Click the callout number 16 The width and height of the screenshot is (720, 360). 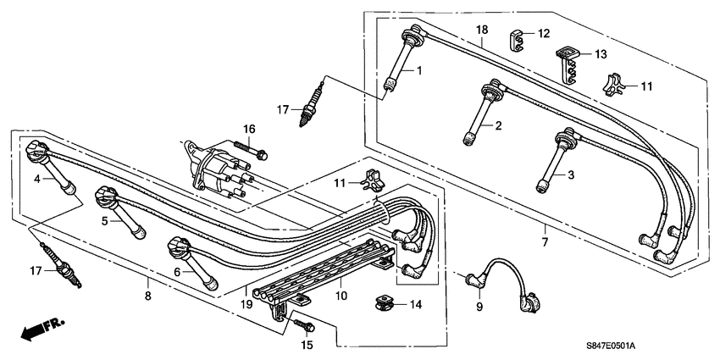(249, 128)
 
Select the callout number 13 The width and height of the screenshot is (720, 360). (600, 54)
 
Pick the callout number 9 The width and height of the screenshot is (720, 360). (478, 306)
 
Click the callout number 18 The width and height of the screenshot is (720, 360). (481, 30)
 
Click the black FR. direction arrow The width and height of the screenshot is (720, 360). (32, 331)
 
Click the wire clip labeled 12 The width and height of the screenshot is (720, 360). (518, 38)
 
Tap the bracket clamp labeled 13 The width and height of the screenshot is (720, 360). (570, 62)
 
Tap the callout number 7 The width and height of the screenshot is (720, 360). (545, 242)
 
